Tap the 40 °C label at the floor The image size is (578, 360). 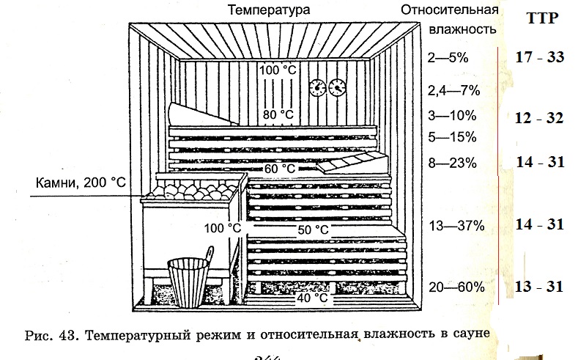pos(311,298)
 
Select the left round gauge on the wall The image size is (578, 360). pos(319,87)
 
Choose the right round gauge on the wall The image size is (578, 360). pos(338,87)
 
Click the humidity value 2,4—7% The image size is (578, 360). pos(453,90)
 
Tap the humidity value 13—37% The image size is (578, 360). pos(456,226)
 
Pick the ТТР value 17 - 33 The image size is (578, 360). pos(538,56)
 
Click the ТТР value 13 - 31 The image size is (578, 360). pos(538,286)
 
